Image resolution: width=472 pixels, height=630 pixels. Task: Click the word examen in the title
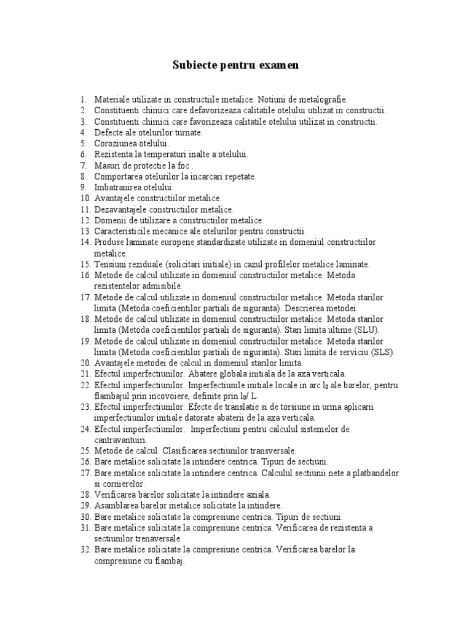278,65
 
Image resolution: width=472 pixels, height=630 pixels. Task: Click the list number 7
83,165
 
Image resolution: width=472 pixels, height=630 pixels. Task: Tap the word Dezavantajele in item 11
118,209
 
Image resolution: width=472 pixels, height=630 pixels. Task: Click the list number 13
85,231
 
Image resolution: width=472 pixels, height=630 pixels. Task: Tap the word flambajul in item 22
113,396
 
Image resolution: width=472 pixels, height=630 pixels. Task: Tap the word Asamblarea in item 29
116,506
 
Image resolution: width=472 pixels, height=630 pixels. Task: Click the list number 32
85,549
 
